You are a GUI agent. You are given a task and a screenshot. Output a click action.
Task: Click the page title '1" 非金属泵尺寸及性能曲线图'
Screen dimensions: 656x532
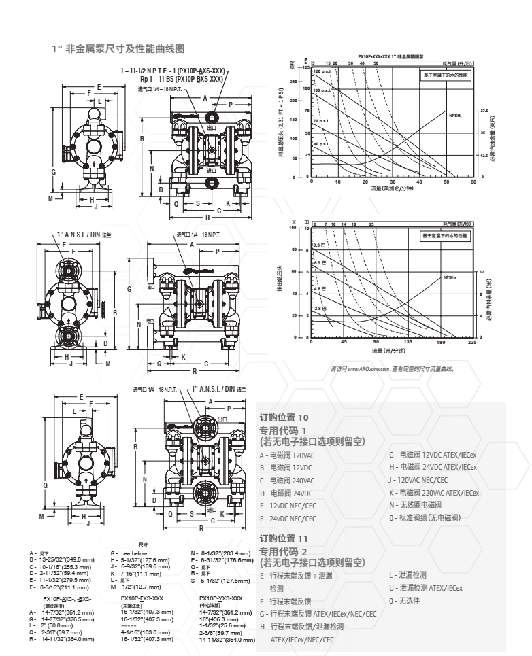(119, 49)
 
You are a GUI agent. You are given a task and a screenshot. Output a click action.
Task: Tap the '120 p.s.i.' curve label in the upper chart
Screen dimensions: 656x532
(321, 71)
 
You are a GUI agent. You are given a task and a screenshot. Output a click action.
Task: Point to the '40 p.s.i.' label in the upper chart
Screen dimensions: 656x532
(321, 144)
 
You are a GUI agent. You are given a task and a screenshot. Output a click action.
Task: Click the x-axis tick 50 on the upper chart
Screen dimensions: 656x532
(446, 182)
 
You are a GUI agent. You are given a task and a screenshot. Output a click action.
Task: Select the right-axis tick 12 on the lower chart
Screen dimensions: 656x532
(481, 272)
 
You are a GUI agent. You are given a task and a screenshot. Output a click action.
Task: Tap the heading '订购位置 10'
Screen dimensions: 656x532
(284, 417)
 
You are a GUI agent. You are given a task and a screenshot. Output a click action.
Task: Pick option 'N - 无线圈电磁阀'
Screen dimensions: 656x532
(416, 505)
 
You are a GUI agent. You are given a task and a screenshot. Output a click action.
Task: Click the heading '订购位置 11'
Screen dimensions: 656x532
(284, 538)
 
